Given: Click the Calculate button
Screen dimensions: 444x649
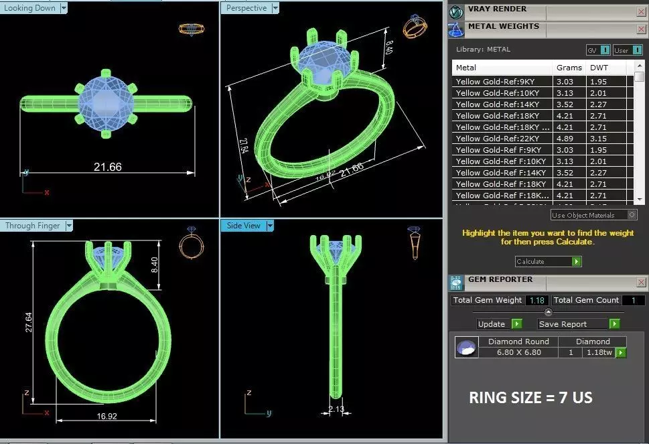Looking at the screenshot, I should tap(547, 261).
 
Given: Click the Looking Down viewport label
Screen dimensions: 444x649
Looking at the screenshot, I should tap(29, 8).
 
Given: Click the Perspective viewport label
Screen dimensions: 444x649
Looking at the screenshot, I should tap(246, 8).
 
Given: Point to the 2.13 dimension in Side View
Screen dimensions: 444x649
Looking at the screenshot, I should tap(336, 409).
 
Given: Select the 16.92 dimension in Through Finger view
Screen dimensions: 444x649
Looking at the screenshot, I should tap(107, 415).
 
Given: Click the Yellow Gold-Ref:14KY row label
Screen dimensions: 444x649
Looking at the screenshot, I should tap(498, 104).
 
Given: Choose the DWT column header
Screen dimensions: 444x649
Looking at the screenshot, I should tap(599, 68).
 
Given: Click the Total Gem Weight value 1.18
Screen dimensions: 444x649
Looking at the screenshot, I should tap(537, 301).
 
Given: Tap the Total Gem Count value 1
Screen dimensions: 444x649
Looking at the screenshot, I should tap(633, 301).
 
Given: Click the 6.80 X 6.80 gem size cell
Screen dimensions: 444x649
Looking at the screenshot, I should tap(518, 352).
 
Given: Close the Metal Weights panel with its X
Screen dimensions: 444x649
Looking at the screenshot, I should tap(640, 29).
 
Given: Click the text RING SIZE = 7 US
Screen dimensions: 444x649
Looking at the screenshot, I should tap(530, 398).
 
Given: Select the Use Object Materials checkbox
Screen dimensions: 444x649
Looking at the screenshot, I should tap(632, 215).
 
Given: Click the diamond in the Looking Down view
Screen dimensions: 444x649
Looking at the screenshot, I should tap(106, 103).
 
